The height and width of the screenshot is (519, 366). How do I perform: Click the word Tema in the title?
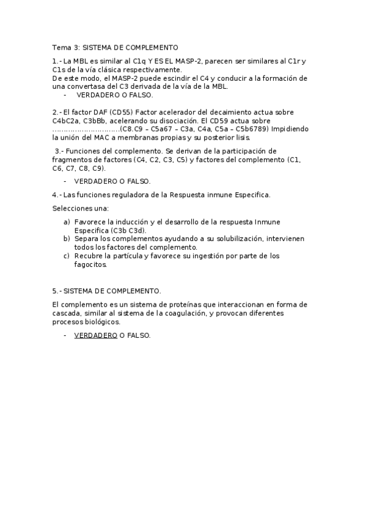click(x=61, y=47)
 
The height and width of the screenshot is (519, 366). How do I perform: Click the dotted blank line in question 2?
click(x=86, y=130)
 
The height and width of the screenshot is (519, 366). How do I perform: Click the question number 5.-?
click(x=57, y=291)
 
